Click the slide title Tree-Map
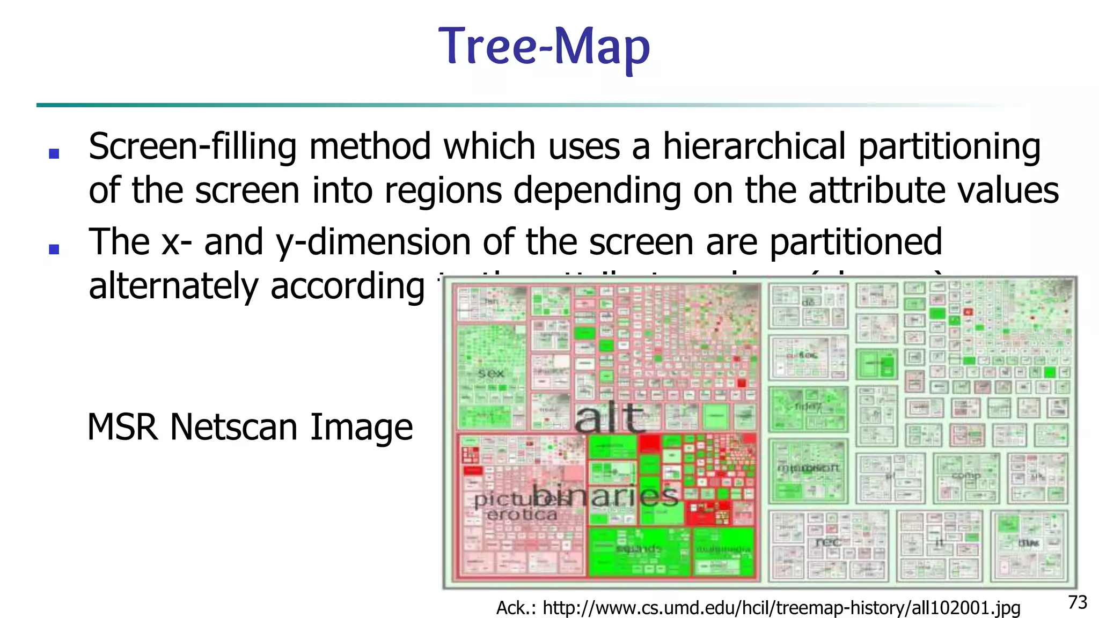click(x=544, y=47)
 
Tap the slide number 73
click(x=1078, y=602)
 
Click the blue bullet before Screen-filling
click(x=54, y=154)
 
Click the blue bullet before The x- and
click(x=54, y=249)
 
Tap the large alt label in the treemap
click(x=610, y=418)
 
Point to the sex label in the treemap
click(x=490, y=373)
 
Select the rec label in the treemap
click(x=827, y=542)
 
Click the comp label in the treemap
click(x=966, y=475)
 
